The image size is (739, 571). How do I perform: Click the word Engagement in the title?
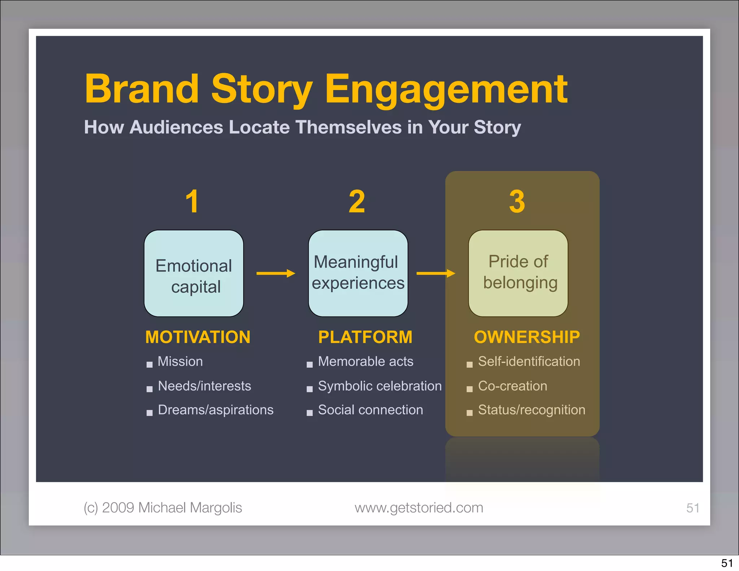tap(446, 90)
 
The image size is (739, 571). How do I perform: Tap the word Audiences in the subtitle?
tap(176, 127)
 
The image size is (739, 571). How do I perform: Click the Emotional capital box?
tap(194, 274)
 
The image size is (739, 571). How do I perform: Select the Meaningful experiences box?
tap(358, 274)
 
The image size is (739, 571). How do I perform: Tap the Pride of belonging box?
tap(518, 274)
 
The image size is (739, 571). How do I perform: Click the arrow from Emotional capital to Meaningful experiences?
tap(276, 274)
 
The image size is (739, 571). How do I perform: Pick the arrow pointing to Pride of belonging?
tap(436, 274)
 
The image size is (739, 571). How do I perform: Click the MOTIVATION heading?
tap(198, 337)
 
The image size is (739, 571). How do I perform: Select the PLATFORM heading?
tap(365, 337)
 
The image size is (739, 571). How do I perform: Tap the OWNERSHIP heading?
tap(527, 337)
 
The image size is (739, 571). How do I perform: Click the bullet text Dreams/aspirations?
tap(215, 410)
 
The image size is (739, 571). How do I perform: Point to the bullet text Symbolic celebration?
tap(380, 386)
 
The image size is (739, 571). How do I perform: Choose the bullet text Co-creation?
tap(512, 386)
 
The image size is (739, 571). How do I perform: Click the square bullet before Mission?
tap(149, 365)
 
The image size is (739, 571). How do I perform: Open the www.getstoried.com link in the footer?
tap(419, 508)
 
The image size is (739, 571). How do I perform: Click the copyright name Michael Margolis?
tap(190, 508)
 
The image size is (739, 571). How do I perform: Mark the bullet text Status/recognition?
tap(532, 410)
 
